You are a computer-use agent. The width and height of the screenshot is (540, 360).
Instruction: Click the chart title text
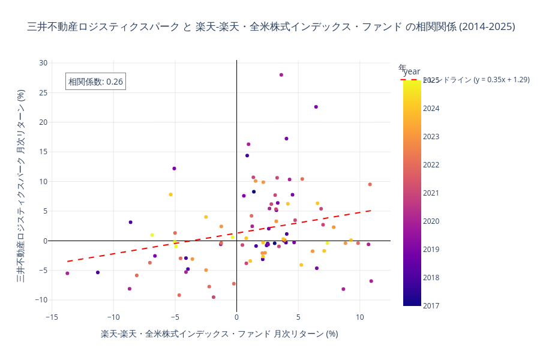271,27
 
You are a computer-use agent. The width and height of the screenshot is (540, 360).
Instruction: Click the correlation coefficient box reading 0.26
95,82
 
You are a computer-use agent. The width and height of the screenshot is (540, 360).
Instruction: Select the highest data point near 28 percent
281,75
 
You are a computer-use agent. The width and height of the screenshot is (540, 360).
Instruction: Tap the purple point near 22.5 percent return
316,107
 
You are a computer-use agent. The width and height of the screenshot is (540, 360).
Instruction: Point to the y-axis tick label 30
43,63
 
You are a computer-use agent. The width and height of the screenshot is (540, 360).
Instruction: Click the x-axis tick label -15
52,317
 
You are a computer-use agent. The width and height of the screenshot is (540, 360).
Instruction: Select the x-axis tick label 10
359,317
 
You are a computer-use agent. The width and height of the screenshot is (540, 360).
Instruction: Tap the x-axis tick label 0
236,317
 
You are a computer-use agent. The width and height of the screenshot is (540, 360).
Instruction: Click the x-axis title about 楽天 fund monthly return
219,334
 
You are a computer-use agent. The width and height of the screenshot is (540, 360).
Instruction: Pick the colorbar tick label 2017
431,305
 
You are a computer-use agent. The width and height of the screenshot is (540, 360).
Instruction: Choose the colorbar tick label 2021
431,193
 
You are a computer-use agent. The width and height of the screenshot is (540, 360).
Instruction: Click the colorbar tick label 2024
431,109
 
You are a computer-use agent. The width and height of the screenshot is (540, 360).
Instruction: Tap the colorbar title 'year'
412,71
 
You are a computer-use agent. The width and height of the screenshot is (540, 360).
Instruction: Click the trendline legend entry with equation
474,79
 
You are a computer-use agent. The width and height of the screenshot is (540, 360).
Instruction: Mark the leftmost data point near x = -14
67,273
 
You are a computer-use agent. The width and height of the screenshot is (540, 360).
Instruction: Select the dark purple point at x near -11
98,272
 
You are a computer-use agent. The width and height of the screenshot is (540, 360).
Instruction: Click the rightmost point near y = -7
371,281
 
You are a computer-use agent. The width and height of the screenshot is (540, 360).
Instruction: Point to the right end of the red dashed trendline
371,211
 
